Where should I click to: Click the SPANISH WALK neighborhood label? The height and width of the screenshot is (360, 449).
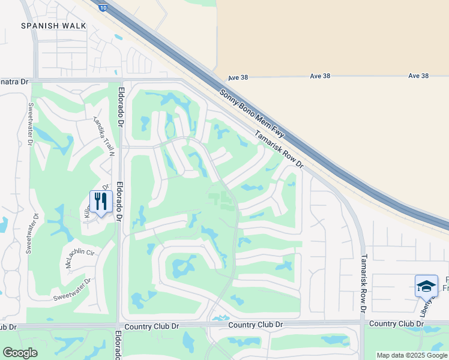pyautogui.click(x=53, y=26)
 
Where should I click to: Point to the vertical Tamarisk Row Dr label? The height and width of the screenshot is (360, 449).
pyautogui.click(x=363, y=284)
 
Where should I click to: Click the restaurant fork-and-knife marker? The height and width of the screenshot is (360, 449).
pyautogui.click(x=101, y=202)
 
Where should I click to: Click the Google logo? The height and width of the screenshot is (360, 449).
pyautogui.click(x=20, y=353)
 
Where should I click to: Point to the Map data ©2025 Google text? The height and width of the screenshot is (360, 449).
pyautogui.click(x=411, y=355)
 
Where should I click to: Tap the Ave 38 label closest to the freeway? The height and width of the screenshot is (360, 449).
pyautogui.click(x=238, y=78)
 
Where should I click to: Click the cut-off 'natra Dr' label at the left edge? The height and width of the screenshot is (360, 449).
pyautogui.click(x=14, y=82)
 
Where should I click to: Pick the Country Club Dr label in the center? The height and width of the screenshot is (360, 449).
pyautogui.click(x=256, y=325)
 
